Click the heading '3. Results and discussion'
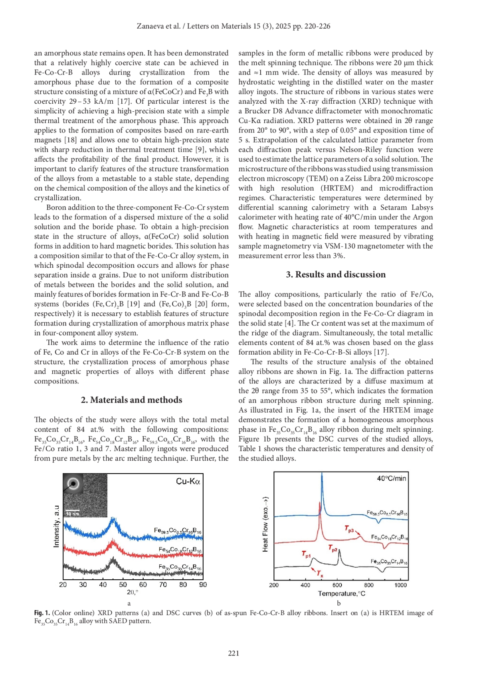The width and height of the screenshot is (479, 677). click(x=336, y=274)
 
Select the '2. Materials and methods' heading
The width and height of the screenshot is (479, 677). click(x=131, y=400)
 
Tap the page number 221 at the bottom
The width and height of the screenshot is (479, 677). click(x=234, y=653)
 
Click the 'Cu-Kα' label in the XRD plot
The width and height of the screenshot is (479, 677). click(x=188, y=482)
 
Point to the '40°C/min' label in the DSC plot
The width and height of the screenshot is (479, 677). click(x=391, y=478)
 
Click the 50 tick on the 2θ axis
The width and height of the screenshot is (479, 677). click(x=123, y=584)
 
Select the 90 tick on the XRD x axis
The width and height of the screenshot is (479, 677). click(x=203, y=584)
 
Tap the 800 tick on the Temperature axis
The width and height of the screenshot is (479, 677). click(x=369, y=585)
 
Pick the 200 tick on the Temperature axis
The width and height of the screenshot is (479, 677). click(x=274, y=585)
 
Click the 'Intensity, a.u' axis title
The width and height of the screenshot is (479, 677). click(x=56, y=526)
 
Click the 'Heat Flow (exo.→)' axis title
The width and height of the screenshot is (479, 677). click(x=265, y=524)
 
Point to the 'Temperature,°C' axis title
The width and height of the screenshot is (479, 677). click(x=341, y=594)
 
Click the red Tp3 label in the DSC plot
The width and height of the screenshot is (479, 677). click(x=349, y=529)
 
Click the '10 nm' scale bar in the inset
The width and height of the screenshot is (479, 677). click(x=73, y=513)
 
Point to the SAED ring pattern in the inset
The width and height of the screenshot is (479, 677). click(x=73, y=484)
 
